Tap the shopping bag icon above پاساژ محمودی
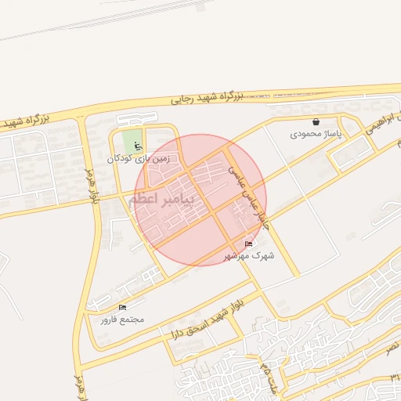[316, 122]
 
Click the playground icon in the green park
[139, 146]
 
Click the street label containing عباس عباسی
[249, 197]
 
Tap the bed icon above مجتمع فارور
[121, 307]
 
